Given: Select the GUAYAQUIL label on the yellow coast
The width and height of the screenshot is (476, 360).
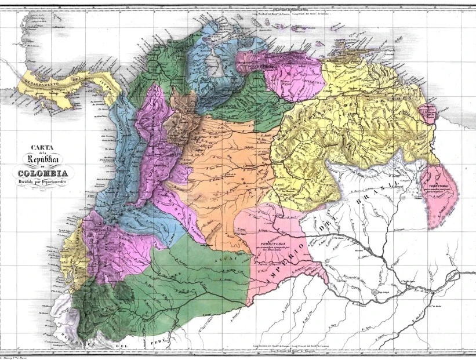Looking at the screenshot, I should coord(72,249).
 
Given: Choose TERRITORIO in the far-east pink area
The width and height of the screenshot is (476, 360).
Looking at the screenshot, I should coord(441,184).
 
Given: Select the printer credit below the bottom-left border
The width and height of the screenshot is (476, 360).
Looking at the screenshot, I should coord(17,357).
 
